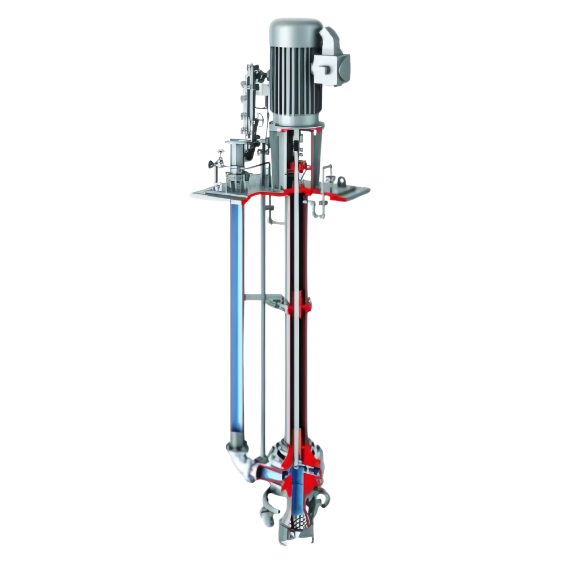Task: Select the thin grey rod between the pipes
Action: coord(261,340)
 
